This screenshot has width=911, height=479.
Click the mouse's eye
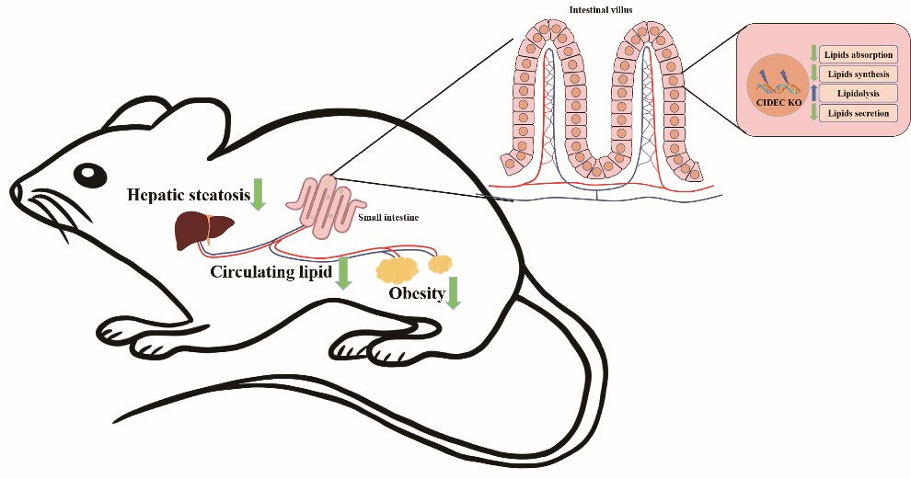[x=89, y=172]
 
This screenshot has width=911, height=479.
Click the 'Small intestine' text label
[x=385, y=220]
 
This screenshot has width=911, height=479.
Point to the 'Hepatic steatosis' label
[x=189, y=194]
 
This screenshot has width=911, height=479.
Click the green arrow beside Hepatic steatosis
[x=259, y=192]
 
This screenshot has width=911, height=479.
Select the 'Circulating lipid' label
[x=271, y=272]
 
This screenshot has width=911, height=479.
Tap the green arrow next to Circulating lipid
[x=343, y=273]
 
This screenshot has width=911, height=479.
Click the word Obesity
[x=415, y=294]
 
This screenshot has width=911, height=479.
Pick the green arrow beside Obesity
[x=453, y=292]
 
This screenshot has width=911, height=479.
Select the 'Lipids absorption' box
[x=858, y=55]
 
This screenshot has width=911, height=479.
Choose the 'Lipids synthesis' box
[x=858, y=74]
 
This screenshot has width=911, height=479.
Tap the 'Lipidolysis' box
[x=858, y=94]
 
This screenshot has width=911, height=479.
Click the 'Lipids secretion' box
[x=858, y=113]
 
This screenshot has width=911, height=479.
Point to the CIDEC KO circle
[x=778, y=86]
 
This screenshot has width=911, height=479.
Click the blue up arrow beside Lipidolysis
[x=813, y=94]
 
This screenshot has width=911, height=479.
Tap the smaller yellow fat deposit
[x=442, y=262]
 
